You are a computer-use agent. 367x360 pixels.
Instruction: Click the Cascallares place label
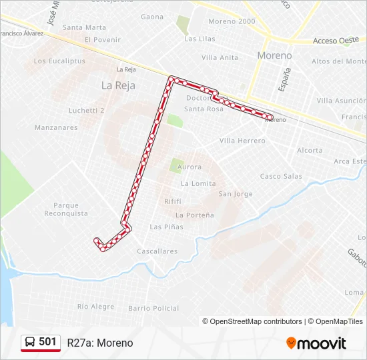point(157,251)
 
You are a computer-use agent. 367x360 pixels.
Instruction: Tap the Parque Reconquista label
point(66,209)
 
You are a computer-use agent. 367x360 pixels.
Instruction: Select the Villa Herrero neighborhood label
point(242,141)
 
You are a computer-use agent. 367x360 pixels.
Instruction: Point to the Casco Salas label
point(280,176)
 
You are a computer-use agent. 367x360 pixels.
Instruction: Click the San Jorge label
point(236,194)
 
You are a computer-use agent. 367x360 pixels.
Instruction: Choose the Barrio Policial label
point(153,308)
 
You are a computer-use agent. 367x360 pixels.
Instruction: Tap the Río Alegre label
point(95,307)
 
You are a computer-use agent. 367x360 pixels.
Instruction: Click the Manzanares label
point(56,127)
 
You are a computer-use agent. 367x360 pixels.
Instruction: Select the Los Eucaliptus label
point(59,61)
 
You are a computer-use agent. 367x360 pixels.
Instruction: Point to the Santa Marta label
point(84,27)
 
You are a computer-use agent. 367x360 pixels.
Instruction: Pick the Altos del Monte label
point(339,61)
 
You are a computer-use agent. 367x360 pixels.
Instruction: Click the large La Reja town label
point(118,85)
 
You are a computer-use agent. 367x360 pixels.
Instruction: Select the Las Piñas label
point(166,227)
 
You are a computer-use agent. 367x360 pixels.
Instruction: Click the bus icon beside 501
point(30,342)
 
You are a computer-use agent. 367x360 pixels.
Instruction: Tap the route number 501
point(47,342)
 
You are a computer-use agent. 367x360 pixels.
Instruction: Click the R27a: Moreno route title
point(100,343)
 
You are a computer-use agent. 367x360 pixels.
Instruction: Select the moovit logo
point(316,343)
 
